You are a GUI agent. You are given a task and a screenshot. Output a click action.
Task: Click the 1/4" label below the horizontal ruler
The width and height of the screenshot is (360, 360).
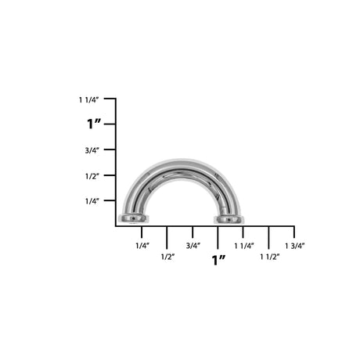(142, 246)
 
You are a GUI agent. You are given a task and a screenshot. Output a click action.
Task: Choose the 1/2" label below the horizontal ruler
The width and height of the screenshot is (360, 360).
(167, 256)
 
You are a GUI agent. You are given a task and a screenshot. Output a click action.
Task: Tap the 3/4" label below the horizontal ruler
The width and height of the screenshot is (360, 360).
(193, 246)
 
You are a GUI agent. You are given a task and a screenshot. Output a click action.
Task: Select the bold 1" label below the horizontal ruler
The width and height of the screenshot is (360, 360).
(218, 260)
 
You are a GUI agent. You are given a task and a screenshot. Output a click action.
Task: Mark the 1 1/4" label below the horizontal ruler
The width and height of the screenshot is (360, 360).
(243, 246)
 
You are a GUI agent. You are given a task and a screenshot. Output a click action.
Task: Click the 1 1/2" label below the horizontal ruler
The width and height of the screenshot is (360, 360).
(269, 256)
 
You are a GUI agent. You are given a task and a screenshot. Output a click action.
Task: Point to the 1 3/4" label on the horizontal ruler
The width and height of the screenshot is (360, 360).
(294, 246)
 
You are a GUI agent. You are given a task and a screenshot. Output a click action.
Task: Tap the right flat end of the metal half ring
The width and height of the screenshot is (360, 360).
(229, 218)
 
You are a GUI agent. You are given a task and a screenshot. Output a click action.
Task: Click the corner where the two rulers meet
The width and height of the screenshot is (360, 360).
(116, 226)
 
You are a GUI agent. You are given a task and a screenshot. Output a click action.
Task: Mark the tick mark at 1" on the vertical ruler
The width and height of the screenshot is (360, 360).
(112, 124)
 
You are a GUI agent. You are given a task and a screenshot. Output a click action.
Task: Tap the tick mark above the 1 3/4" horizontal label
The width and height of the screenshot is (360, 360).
(294, 232)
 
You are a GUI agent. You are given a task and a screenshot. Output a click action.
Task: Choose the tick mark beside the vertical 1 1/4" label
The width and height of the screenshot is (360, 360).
(112, 99)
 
